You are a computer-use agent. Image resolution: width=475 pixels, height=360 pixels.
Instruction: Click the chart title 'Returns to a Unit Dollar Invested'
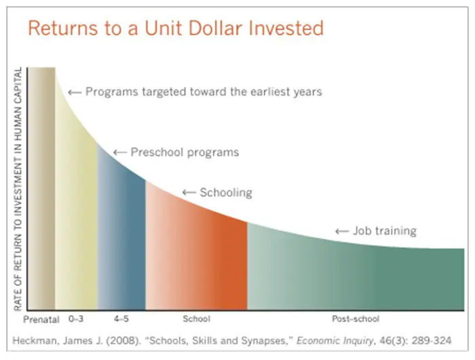tap(176, 29)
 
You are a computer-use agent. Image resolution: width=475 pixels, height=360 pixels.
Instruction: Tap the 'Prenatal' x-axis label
tap(41, 319)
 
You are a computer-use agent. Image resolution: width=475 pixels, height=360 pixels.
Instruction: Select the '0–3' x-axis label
tap(76, 319)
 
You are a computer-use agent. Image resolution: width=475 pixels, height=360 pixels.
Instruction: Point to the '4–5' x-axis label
tap(121, 319)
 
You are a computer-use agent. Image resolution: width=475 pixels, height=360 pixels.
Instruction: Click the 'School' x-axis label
tap(196, 319)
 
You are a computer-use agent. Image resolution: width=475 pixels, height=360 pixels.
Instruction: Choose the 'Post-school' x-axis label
tap(356, 319)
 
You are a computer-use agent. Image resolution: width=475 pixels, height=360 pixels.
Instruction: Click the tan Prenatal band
tap(41, 188)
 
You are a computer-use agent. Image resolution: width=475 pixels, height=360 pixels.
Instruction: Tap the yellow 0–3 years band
tap(76, 213)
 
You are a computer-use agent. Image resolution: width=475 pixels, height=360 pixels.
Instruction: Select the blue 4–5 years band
tap(121, 236)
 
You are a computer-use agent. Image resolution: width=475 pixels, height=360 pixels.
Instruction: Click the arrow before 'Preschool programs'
tap(119, 152)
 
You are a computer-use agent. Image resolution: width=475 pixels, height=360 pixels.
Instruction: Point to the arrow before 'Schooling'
tap(189, 192)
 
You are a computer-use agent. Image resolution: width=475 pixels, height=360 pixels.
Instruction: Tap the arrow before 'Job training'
tap(342, 232)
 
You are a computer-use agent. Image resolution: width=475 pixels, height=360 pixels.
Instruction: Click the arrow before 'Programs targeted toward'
tap(75, 92)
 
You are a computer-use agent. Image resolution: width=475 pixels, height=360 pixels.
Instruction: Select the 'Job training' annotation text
tap(385, 231)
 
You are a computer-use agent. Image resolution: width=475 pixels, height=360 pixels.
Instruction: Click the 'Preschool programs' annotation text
tap(185, 152)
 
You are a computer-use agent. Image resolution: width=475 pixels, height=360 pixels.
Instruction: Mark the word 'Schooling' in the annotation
tap(226, 193)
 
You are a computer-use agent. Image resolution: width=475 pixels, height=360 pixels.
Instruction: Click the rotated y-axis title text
tap(18, 189)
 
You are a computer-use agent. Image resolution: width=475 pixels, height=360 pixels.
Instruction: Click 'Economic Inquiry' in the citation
tap(335, 340)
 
